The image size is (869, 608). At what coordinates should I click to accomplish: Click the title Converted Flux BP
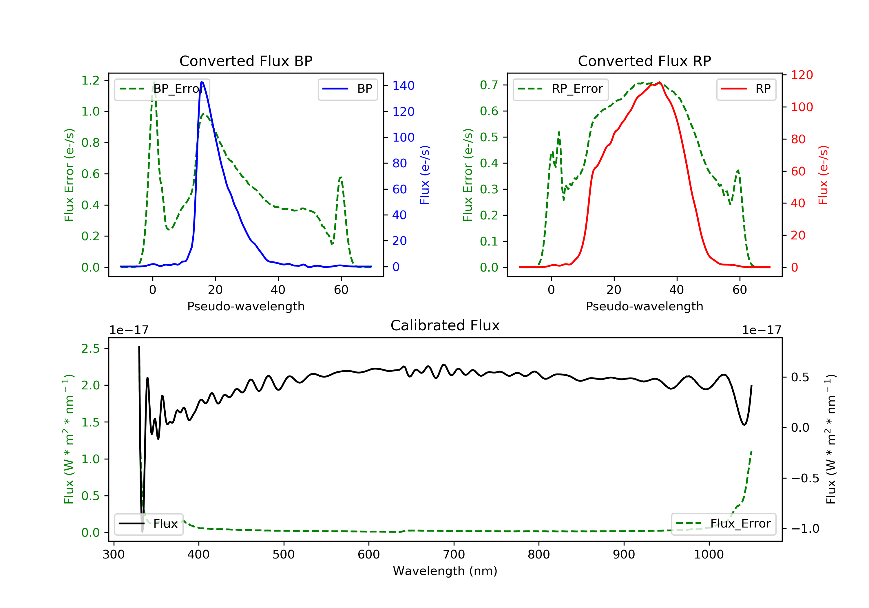tap(246, 61)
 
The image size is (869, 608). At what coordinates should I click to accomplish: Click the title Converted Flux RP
tap(644, 61)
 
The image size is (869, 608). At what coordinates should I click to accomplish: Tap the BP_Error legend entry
tap(162, 89)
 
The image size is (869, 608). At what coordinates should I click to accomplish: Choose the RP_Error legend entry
tap(561, 89)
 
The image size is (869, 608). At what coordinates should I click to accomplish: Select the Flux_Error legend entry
tap(723, 524)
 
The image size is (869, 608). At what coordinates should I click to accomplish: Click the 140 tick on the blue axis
tap(403, 86)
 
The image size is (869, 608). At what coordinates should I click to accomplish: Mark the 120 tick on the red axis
tap(802, 75)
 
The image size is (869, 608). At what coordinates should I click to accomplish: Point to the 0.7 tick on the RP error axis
tap(489, 85)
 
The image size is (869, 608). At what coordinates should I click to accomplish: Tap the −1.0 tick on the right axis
tap(805, 529)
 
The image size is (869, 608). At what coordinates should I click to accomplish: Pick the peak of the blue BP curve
tap(202, 82)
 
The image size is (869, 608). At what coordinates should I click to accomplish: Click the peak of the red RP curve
tap(659, 82)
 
